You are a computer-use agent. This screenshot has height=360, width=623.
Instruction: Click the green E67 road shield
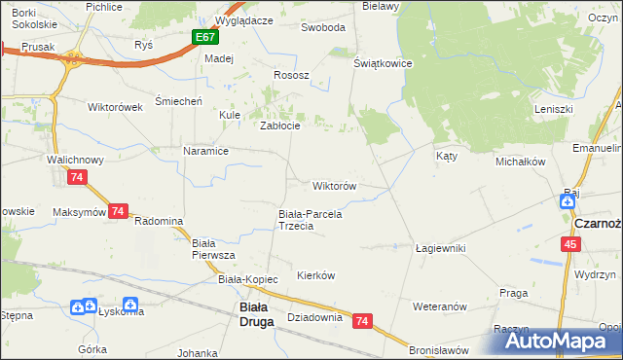coord(204,37)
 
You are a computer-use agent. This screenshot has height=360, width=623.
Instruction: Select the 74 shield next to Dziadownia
coord(363,320)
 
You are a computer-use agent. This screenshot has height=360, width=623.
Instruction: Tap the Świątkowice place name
coord(384,63)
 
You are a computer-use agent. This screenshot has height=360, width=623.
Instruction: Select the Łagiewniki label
coord(440,248)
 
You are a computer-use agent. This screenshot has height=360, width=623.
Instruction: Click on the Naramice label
coord(205,151)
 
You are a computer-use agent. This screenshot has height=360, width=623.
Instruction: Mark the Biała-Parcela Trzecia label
coord(310,220)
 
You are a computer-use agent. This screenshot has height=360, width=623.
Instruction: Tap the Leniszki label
coord(554,109)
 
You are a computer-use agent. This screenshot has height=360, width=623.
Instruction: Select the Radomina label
coord(159,221)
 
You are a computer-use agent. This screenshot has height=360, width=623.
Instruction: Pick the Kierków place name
coord(315,275)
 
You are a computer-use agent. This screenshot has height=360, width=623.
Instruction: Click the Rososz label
coord(291,75)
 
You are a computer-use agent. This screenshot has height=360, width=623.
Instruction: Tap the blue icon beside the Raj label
coord(567,201)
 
